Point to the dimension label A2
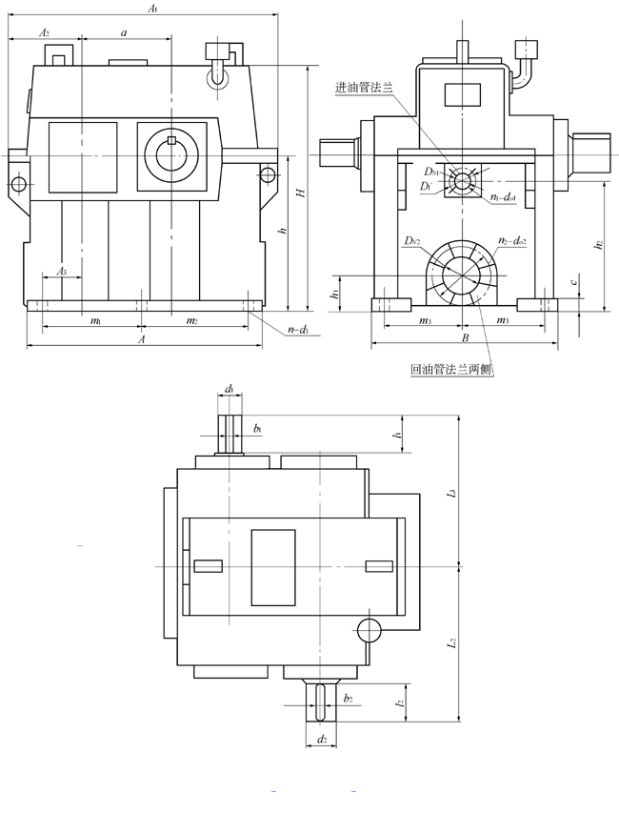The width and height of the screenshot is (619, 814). (43, 31)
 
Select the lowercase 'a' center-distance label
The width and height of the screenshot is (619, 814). (124, 32)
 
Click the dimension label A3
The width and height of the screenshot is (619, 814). (61, 273)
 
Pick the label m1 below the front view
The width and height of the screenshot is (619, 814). (95, 321)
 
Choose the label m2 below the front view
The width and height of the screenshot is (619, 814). (191, 321)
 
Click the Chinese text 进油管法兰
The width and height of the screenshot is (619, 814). (367, 88)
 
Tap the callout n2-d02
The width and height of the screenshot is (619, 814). (515, 243)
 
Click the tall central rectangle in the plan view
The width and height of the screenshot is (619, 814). (273, 566)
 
